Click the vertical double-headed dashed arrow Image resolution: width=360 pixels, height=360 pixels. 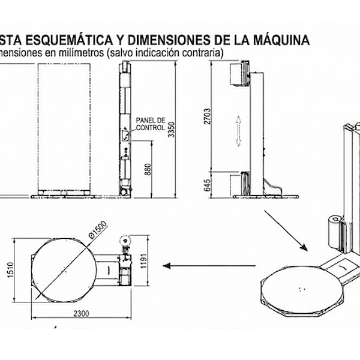pyautogui.click(x=238, y=130)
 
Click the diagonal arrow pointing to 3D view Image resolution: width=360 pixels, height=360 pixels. pyautogui.click(x=286, y=231)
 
